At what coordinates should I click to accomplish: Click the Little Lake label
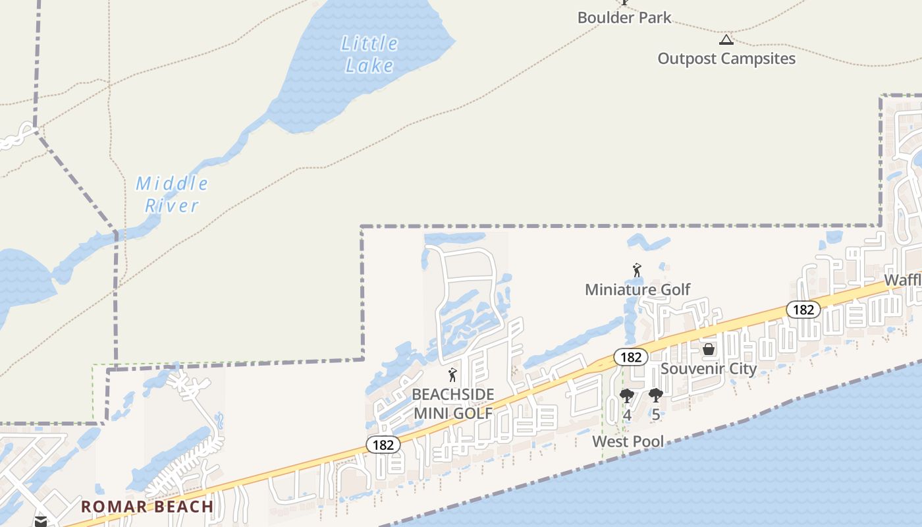(x=369, y=54)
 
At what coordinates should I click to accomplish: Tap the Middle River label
(x=172, y=194)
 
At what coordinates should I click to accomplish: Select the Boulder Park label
(x=624, y=18)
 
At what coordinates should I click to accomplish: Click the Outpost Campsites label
(x=726, y=59)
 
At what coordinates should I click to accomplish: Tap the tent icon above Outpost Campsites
(x=726, y=40)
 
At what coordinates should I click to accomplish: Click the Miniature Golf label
(x=637, y=289)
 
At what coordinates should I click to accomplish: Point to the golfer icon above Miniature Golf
(x=637, y=270)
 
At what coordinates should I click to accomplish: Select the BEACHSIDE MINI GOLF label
(x=452, y=403)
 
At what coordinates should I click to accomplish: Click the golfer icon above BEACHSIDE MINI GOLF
(x=452, y=375)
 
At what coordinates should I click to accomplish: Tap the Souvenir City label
(x=708, y=368)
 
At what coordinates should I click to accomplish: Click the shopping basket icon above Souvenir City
(x=709, y=349)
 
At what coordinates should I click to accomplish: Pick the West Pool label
(x=628, y=441)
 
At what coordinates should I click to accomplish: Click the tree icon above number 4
(x=627, y=396)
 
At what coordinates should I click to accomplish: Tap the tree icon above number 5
(x=655, y=395)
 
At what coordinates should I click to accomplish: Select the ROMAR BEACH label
(x=147, y=507)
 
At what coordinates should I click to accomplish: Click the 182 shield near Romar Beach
(x=383, y=445)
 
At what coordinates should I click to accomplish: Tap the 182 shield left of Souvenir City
(x=630, y=357)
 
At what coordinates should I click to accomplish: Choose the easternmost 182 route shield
(x=803, y=310)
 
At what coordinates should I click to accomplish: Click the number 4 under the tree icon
(x=627, y=415)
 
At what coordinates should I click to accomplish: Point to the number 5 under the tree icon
(x=655, y=415)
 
